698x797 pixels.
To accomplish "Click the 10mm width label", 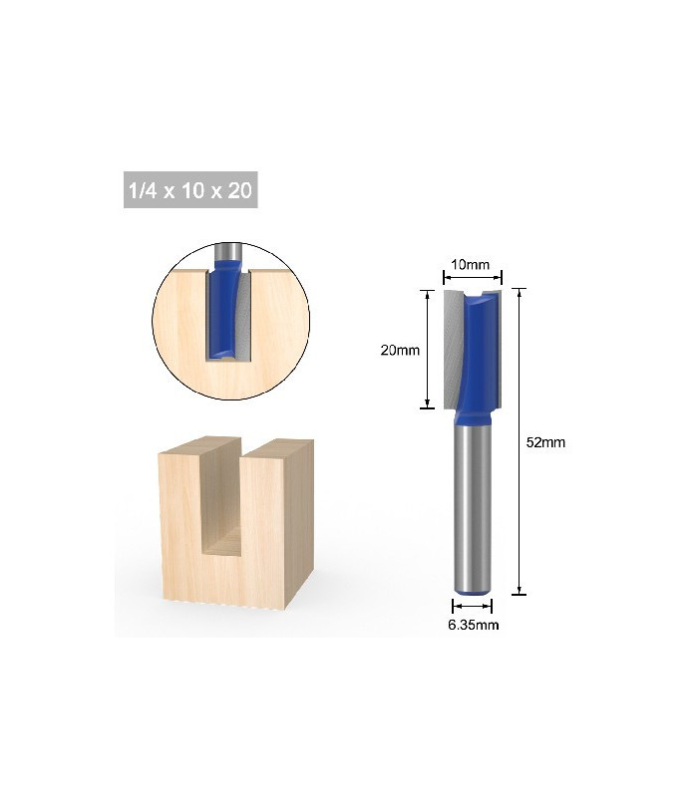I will tap(471, 265).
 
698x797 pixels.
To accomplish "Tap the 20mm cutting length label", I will tap(399, 350).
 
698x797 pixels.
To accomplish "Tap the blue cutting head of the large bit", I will tap(481, 359).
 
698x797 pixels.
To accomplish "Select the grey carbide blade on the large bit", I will tap(455, 339).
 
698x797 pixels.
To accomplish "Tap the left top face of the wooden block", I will tap(199, 446).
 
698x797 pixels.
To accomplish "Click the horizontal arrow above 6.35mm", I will tap(473, 605).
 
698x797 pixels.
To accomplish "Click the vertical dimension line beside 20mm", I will tap(427, 349).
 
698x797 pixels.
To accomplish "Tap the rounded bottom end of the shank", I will tap(473, 591).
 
